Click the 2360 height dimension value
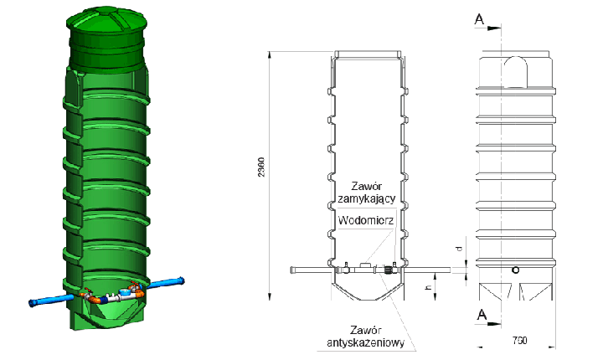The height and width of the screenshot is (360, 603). click(x=262, y=167)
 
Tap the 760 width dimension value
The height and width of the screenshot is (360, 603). click(x=519, y=341)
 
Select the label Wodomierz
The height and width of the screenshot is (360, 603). click(x=366, y=220)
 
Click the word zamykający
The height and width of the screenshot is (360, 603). click(x=367, y=199)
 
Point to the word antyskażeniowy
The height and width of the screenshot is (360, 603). click(x=366, y=342)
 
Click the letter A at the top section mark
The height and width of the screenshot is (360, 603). click(x=479, y=18)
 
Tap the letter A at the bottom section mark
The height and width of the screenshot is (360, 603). click(x=482, y=315)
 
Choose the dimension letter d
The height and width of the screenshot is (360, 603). click(x=458, y=249)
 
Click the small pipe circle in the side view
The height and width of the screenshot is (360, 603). click(x=515, y=270)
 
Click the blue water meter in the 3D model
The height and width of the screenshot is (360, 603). click(x=124, y=293)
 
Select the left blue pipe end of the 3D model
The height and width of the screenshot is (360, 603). click(x=33, y=303)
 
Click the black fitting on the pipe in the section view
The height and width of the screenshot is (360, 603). click(x=390, y=269)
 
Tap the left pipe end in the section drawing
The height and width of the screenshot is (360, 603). click(x=292, y=270)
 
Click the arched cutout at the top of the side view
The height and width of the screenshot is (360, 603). click(x=515, y=71)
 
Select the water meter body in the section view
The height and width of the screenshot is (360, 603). click(x=364, y=267)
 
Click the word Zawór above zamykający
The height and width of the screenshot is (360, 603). click(x=367, y=187)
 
